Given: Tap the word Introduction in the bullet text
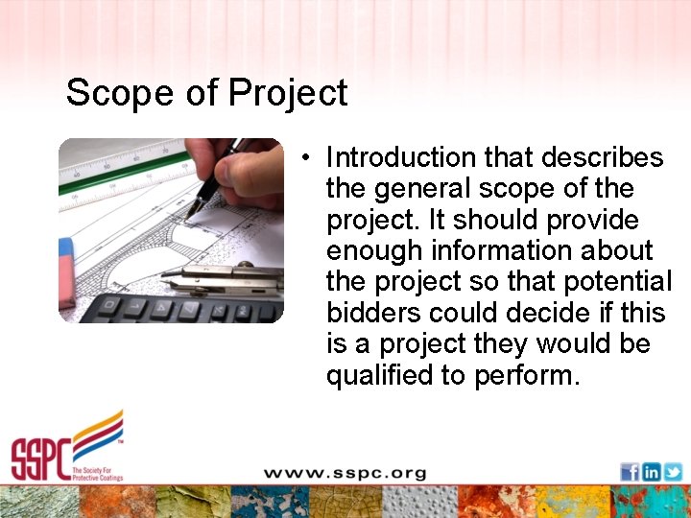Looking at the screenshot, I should tap(399, 156).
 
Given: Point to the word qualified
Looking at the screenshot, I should tap(379, 375).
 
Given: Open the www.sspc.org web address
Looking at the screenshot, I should tap(345, 473).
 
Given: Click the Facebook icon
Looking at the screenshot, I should tap(630, 472).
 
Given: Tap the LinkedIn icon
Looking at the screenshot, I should tap(652, 472).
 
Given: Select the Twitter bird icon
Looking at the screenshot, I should tap(673, 472).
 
